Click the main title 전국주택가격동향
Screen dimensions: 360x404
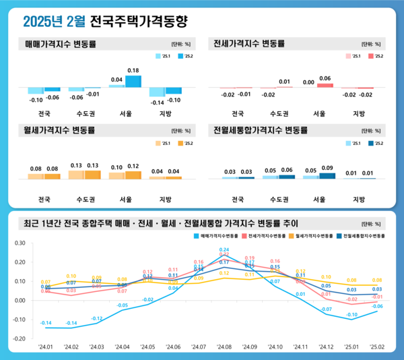coord(138,22)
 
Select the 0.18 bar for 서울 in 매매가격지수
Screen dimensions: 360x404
coord(133,82)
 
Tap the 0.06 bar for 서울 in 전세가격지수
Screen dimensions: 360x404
coord(325,85)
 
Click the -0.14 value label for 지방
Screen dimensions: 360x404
coord(156,102)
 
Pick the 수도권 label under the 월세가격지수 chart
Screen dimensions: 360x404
coord(85,200)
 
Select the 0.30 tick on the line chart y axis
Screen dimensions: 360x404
coord(19,243)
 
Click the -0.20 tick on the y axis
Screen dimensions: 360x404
coord(19,338)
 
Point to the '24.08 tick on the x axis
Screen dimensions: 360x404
coord(225,347)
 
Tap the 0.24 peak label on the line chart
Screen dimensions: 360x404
coord(224,250)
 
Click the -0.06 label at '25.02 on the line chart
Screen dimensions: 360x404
coord(378,306)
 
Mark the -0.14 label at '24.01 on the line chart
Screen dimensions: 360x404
coord(46,323)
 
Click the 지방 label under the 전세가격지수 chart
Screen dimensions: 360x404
coord(359,113)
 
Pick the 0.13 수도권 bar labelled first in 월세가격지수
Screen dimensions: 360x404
coord(75,175)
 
